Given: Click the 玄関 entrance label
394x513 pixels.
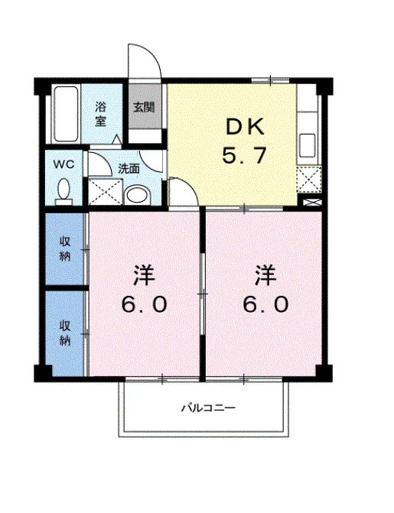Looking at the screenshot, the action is pyautogui.click(x=144, y=107).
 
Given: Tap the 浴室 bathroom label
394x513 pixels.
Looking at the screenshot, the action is pyautogui.click(x=100, y=114).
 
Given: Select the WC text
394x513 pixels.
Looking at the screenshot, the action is pyautogui.click(x=63, y=164).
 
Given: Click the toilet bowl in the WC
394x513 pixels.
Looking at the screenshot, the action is pyautogui.click(x=63, y=190).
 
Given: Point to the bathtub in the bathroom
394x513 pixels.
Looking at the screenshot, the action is pyautogui.click(x=66, y=114).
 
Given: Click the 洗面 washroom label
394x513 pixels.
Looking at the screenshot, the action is pyautogui.click(x=129, y=169).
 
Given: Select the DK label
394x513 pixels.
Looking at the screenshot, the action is pyautogui.click(x=245, y=127).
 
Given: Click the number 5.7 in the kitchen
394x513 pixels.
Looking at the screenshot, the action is pyautogui.click(x=244, y=155).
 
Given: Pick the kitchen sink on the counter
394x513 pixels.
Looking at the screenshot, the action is pyautogui.click(x=308, y=145).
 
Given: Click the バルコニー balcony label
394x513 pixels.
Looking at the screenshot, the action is pyautogui.click(x=209, y=408).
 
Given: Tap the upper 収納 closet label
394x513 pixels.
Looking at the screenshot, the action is pyautogui.click(x=65, y=248).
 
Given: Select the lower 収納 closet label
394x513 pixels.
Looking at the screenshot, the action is pyautogui.click(x=65, y=333).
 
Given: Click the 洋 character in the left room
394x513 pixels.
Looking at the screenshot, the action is pyautogui.click(x=144, y=275).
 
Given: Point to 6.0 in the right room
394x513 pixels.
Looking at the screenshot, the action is pyautogui.click(x=265, y=304).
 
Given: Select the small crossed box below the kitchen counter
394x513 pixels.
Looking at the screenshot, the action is pyautogui.click(x=312, y=202).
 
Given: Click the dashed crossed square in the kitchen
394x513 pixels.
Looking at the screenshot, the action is pyautogui.click(x=309, y=180).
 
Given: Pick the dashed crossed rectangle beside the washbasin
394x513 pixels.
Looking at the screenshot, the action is pyautogui.click(x=105, y=191).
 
